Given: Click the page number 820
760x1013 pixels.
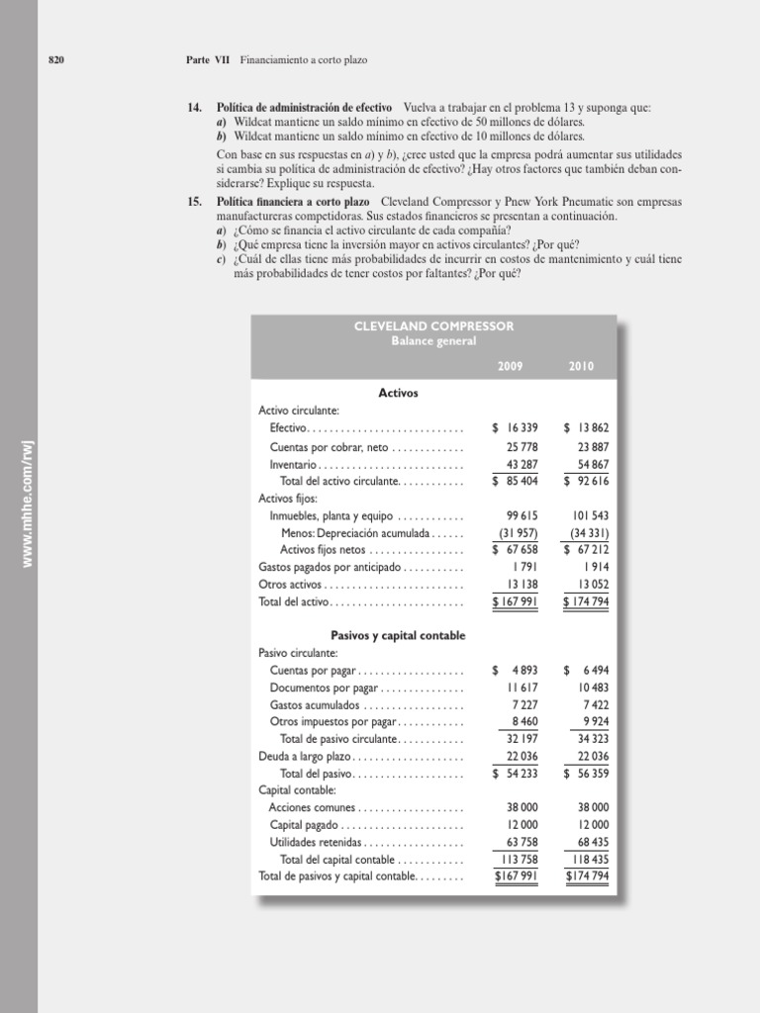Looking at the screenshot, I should click(x=56, y=60).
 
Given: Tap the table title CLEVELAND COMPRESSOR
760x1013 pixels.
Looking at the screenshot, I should click(x=433, y=326).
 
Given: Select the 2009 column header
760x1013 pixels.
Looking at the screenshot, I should click(x=510, y=366).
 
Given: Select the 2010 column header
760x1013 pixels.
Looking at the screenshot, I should click(x=581, y=366).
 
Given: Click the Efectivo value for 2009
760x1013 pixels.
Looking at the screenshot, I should click(x=514, y=428).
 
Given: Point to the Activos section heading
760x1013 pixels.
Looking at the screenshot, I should click(x=398, y=393).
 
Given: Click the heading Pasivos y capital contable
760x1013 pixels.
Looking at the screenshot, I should click(x=397, y=635).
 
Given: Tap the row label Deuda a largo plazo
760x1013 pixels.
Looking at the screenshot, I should click(x=309, y=757).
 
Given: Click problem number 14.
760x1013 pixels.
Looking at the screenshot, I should click(x=194, y=107).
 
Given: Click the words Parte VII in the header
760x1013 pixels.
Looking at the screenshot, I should click(x=208, y=60).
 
